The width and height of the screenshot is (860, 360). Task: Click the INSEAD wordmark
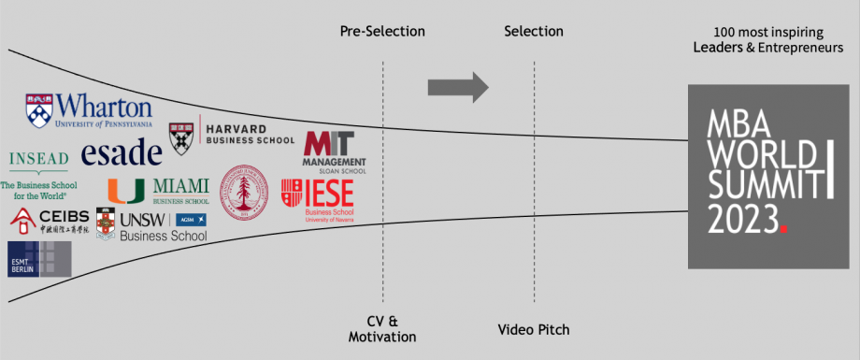[x=38, y=159]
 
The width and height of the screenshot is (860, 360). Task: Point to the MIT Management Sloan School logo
[x=334, y=151]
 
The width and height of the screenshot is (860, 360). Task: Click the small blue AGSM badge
[x=190, y=219]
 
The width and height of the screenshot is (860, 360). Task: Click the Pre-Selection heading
[x=382, y=32]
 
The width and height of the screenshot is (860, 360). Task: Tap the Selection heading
[x=534, y=32]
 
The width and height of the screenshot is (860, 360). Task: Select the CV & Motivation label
[x=381, y=329]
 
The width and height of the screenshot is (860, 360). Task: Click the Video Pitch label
[x=534, y=329]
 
